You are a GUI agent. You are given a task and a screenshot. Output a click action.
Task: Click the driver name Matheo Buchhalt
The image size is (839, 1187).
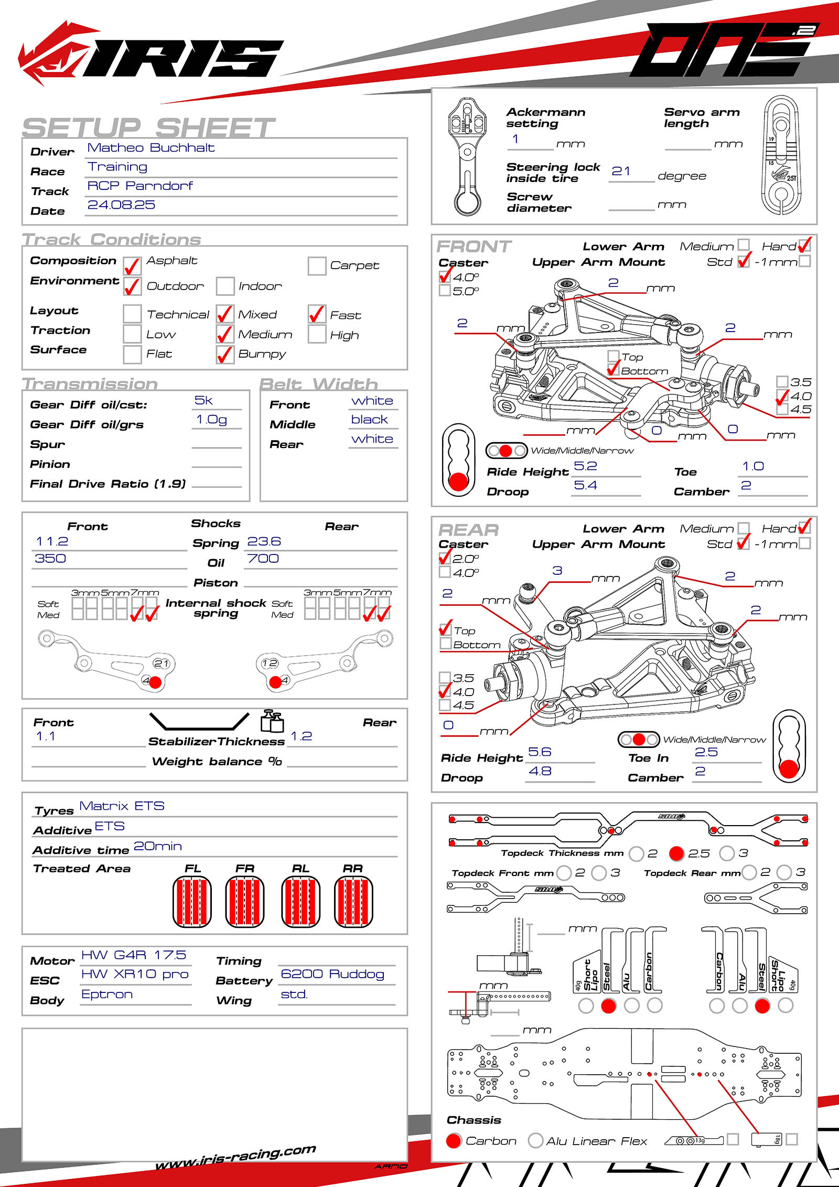tap(150, 148)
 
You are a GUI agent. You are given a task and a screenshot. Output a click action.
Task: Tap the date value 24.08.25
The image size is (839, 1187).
tap(121, 205)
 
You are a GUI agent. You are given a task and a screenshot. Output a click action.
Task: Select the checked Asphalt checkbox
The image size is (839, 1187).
tap(132, 266)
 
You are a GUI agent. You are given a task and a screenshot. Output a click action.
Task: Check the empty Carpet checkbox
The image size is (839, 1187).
tap(317, 266)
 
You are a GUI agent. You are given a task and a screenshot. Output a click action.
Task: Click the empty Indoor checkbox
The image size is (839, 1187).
tap(225, 286)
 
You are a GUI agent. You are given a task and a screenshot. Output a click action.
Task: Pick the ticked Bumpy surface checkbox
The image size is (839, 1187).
tap(225, 355)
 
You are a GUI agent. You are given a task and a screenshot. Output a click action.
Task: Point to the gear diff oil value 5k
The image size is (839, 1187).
tap(203, 401)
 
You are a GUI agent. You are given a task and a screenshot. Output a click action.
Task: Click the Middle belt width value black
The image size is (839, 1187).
tap(370, 420)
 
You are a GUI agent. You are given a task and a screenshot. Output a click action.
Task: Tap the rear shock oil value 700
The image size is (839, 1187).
tap(263, 559)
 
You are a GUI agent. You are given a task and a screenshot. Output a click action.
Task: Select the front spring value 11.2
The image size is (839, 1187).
tap(52, 542)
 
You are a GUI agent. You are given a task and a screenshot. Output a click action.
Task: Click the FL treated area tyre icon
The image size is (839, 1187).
tap(192, 902)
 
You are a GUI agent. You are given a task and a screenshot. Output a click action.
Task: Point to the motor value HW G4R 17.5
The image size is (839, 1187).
tap(134, 955)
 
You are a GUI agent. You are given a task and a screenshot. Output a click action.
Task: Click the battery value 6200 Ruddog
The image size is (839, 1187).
tap(332, 974)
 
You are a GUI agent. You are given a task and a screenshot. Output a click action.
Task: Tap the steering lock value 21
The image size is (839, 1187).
tap(621, 172)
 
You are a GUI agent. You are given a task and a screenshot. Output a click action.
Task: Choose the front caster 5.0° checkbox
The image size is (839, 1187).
tap(445, 291)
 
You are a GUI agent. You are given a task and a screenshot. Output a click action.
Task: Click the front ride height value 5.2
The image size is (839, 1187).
tap(585, 466)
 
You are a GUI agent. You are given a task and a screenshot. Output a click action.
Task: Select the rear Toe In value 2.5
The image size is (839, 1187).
tap(706, 752)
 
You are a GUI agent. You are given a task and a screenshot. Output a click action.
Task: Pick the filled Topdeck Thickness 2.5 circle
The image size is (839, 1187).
tap(676, 853)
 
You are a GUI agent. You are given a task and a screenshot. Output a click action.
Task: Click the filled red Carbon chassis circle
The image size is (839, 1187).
tap(454, 1141)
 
